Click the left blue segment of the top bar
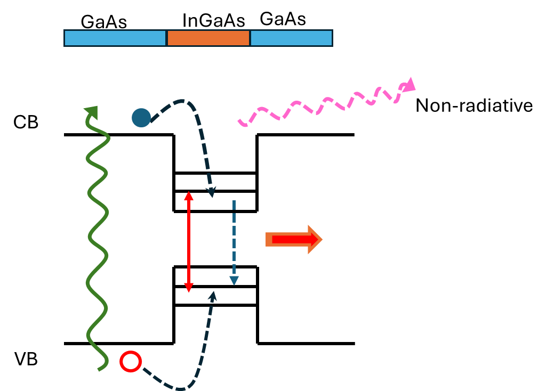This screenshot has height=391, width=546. (x=115, y=38)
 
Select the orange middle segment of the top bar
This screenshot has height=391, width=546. (x=208, y=38)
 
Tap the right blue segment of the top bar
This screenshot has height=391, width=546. (x=291, y=38)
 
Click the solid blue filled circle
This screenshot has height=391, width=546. (x=141, y=118)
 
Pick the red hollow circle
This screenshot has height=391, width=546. (x=131, y=362)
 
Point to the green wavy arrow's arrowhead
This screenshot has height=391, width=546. (x=92, y=112)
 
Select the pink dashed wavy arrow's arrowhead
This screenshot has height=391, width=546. (x=409, y=85)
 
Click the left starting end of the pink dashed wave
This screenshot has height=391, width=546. (x=241, y=124)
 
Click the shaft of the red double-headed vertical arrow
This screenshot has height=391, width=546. (x=189, y=242)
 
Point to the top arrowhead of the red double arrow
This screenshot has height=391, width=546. (x=189, y=195)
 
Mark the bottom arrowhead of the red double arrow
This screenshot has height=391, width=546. (x=189, y=288)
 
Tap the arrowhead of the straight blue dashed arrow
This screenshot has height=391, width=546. (x=234, y=281)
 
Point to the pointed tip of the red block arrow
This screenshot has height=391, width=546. (x=322, y=240)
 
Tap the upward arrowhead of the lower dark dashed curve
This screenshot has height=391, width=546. (x=213, y=296)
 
